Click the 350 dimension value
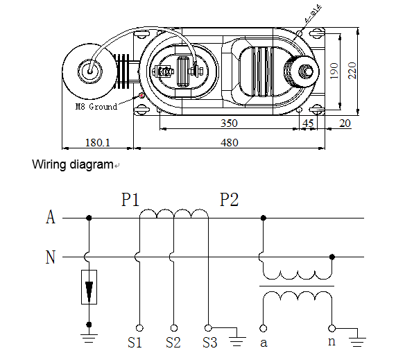coord(229,123)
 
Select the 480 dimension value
coord(229,143)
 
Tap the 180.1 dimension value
coord(98,143)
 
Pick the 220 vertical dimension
coord(352,70)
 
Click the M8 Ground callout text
coord(96,107)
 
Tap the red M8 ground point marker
coord(142,95)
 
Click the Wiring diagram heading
coord(72,165)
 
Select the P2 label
coord(230,200)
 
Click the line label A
coord(50,218)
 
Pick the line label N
coord(50,257)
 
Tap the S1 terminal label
coord(135,343)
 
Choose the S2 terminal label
coord(173,343)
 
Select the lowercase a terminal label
coord(263,342)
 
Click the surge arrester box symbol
coord(89,287)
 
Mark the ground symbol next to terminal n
coord(358,339)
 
